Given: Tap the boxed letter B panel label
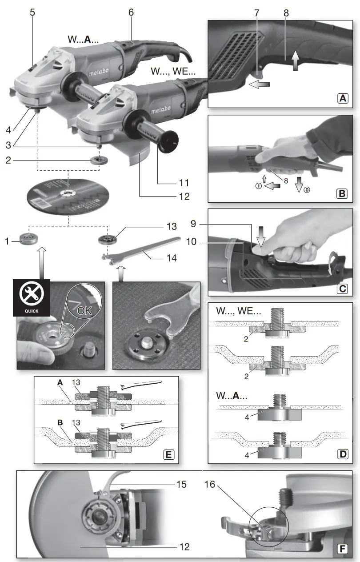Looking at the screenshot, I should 342,193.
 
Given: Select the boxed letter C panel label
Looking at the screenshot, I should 342,288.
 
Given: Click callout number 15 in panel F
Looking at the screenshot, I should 181,484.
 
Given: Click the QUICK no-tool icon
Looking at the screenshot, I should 32,297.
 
